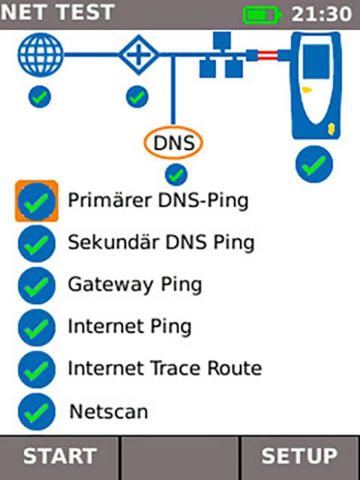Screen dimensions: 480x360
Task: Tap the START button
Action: coord(59,456)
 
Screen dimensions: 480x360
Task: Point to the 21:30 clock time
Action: coord(322,14)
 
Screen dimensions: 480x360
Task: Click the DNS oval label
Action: coord(173,143)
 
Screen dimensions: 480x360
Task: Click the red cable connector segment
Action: coord(267,56)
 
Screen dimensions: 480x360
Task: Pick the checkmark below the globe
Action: coord(40,98)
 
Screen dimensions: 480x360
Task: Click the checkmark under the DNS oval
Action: coord(176,175)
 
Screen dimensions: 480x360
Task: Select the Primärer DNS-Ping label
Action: coord(158,201)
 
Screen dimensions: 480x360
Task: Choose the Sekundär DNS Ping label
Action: coord(161,243)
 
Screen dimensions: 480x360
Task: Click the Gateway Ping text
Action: coord(135,285)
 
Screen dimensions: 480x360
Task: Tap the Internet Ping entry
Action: coord(130,327)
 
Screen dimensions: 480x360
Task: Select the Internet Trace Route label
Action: coord(165,369)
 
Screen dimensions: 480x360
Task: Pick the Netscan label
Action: coord(109,411)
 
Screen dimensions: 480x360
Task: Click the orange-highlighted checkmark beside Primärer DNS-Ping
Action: coord(37,201)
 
